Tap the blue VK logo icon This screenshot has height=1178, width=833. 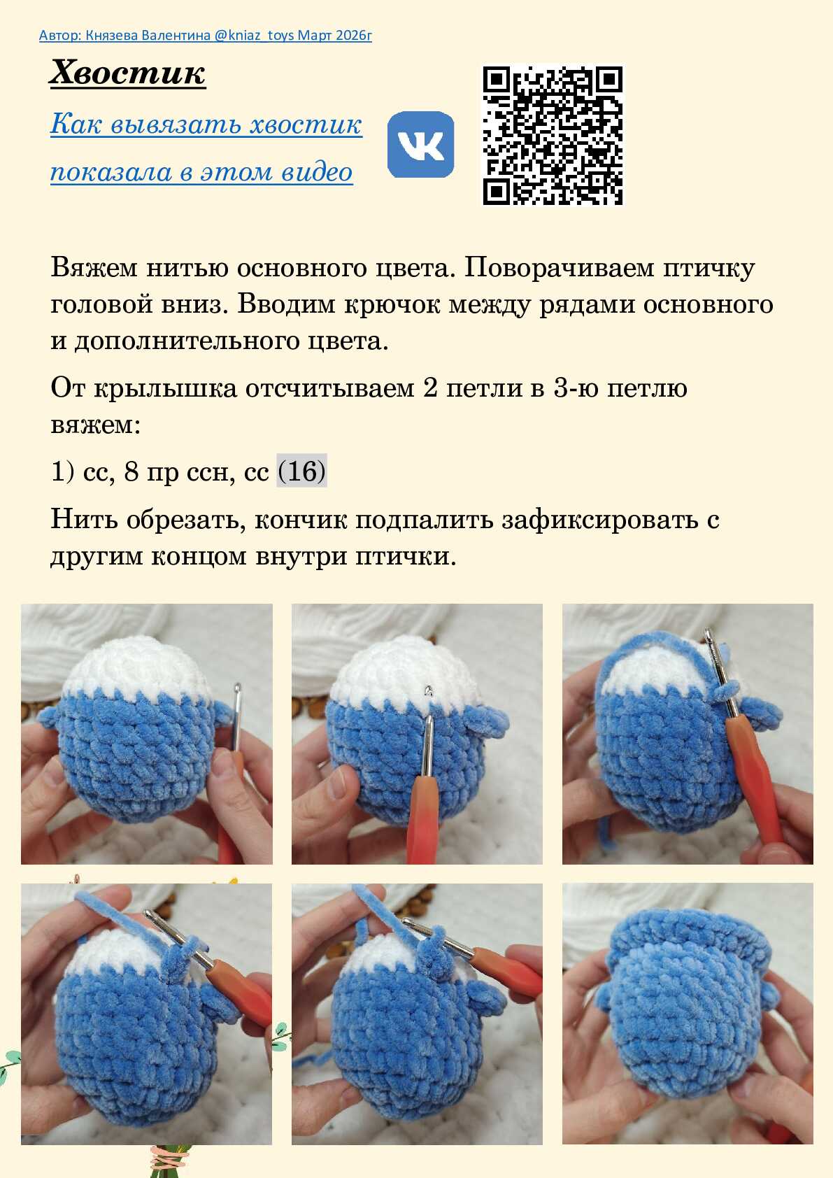pos(421,144)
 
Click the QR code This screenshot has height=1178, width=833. pos(553,135)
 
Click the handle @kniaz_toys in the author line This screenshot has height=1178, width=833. pos(254,35)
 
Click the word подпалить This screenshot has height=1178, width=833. pos(424,520)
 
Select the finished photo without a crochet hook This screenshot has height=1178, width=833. pos(688,1014)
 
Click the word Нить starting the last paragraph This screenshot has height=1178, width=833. pos(84,520)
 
